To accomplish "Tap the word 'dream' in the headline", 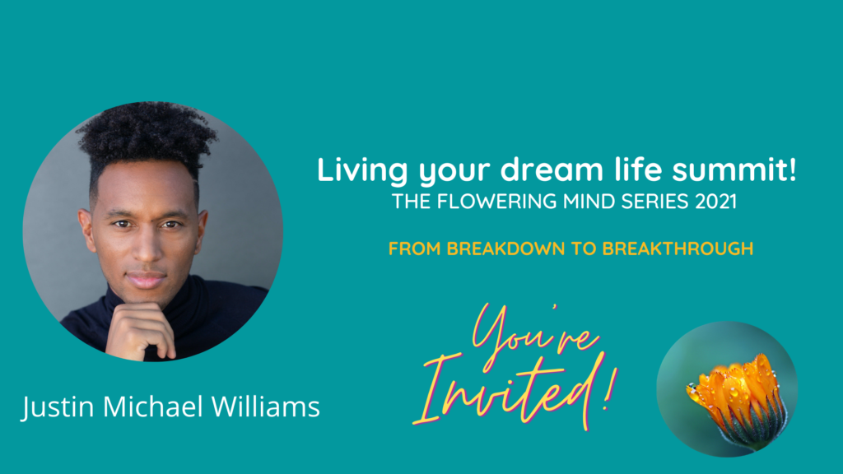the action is (552, 170).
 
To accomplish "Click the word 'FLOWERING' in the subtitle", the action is (496, 202).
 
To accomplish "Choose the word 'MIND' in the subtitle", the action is (589, 202).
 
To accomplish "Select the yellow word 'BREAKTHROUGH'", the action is (678, 249).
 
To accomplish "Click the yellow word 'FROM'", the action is (415, 249).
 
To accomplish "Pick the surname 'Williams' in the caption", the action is (266, 406).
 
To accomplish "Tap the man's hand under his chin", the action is (141, 331).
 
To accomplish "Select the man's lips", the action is (145, 280).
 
